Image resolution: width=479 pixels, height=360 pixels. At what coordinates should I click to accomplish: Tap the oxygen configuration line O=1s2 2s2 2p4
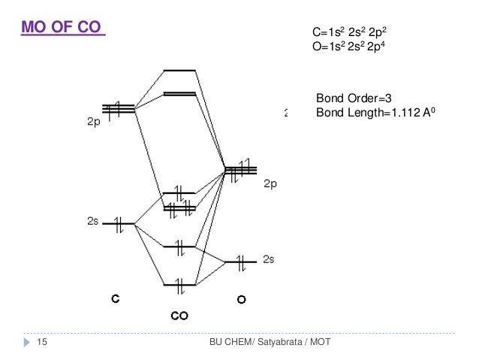click(349, 47)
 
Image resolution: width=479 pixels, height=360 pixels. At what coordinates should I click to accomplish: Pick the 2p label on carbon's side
click(89, 126)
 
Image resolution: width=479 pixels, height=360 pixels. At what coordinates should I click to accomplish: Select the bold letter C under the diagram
click(115, 298)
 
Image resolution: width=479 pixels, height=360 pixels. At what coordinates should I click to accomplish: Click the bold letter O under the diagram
click(241, 299)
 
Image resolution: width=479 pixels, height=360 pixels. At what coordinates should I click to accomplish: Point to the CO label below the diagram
click(179, 316)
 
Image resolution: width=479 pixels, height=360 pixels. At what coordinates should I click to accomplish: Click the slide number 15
click(42, 343)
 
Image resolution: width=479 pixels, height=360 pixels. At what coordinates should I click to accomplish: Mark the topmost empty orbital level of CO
click(179, 71)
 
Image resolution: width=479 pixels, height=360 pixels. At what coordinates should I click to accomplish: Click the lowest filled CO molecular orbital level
click(179, 285)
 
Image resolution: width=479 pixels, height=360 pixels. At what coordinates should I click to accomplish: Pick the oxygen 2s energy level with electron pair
click(241, 262)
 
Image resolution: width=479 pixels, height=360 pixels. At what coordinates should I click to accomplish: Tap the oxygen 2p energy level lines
click(241, 169)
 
